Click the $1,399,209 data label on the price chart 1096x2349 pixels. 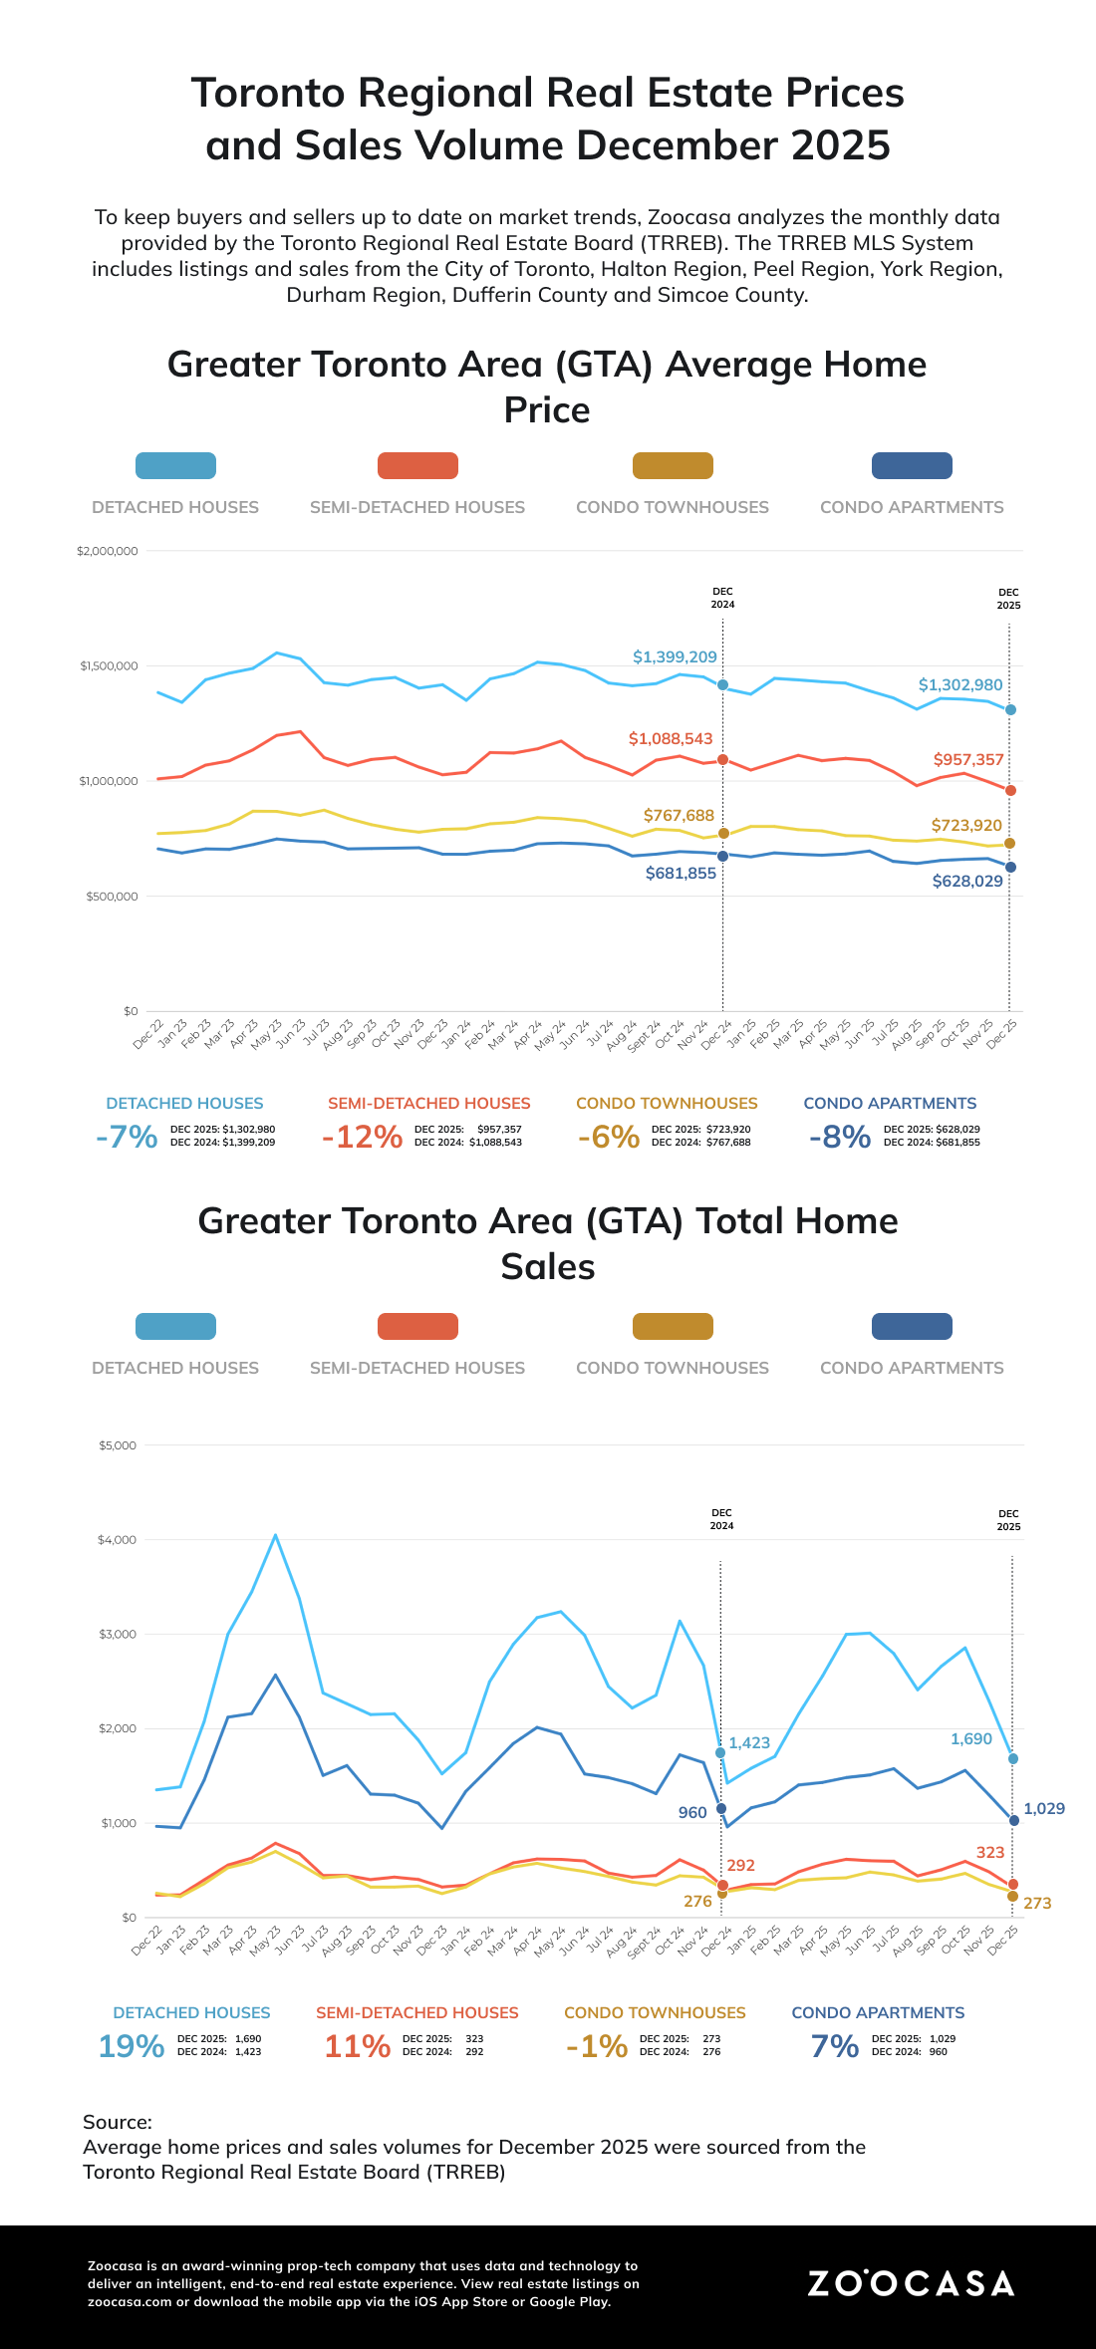675,657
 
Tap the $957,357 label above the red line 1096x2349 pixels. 968,760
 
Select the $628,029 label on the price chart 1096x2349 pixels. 967,882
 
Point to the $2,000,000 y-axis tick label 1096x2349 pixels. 107,551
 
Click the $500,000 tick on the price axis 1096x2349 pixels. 111,897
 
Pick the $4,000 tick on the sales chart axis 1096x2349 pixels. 117,1540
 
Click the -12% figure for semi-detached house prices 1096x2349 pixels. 362,1137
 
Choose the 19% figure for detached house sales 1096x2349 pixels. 131,2046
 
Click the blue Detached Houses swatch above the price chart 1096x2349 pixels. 175,465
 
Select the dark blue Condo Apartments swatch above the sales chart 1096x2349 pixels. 912,1326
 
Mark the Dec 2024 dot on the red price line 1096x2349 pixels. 722,760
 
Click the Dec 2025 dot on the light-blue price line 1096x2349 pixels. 1010,709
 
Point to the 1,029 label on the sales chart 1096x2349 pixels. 1044,1809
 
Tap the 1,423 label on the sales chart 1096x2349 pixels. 749,1743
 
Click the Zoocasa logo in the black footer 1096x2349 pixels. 911,2283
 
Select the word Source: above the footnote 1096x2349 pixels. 118,2122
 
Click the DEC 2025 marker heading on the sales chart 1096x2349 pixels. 1008,1520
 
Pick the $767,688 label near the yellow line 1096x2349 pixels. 679,816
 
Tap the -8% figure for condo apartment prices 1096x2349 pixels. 840,1137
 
